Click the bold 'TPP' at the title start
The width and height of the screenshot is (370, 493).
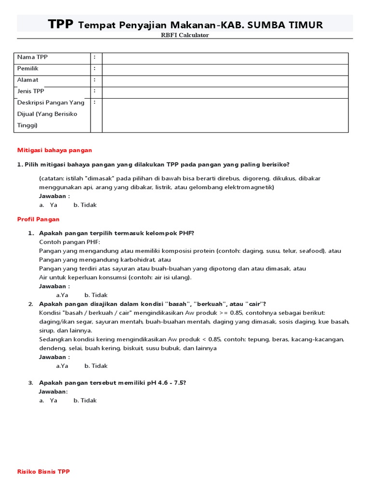[61, 25]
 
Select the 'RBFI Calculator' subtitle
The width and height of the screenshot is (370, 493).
[185, 35]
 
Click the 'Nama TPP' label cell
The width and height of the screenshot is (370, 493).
[33, 57]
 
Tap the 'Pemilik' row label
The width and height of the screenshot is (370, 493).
[28, 69]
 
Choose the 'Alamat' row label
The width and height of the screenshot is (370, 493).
[28, 80]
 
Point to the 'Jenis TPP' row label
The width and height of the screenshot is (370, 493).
[31, 91]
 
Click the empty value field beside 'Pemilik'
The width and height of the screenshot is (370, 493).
[225, 69]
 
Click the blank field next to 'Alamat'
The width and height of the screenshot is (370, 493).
[225, 80]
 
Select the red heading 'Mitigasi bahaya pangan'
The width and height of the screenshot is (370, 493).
[54, 150]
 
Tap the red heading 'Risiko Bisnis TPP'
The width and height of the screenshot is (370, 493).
[43, 471]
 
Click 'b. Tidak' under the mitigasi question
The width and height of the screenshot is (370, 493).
[85, 205]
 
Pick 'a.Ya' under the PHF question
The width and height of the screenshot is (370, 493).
[62, 295]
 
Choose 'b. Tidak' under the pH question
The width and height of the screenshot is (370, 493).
[85, 400]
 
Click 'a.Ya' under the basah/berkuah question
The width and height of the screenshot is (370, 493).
[62, 365]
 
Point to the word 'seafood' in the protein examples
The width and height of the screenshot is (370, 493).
[311, 251]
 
